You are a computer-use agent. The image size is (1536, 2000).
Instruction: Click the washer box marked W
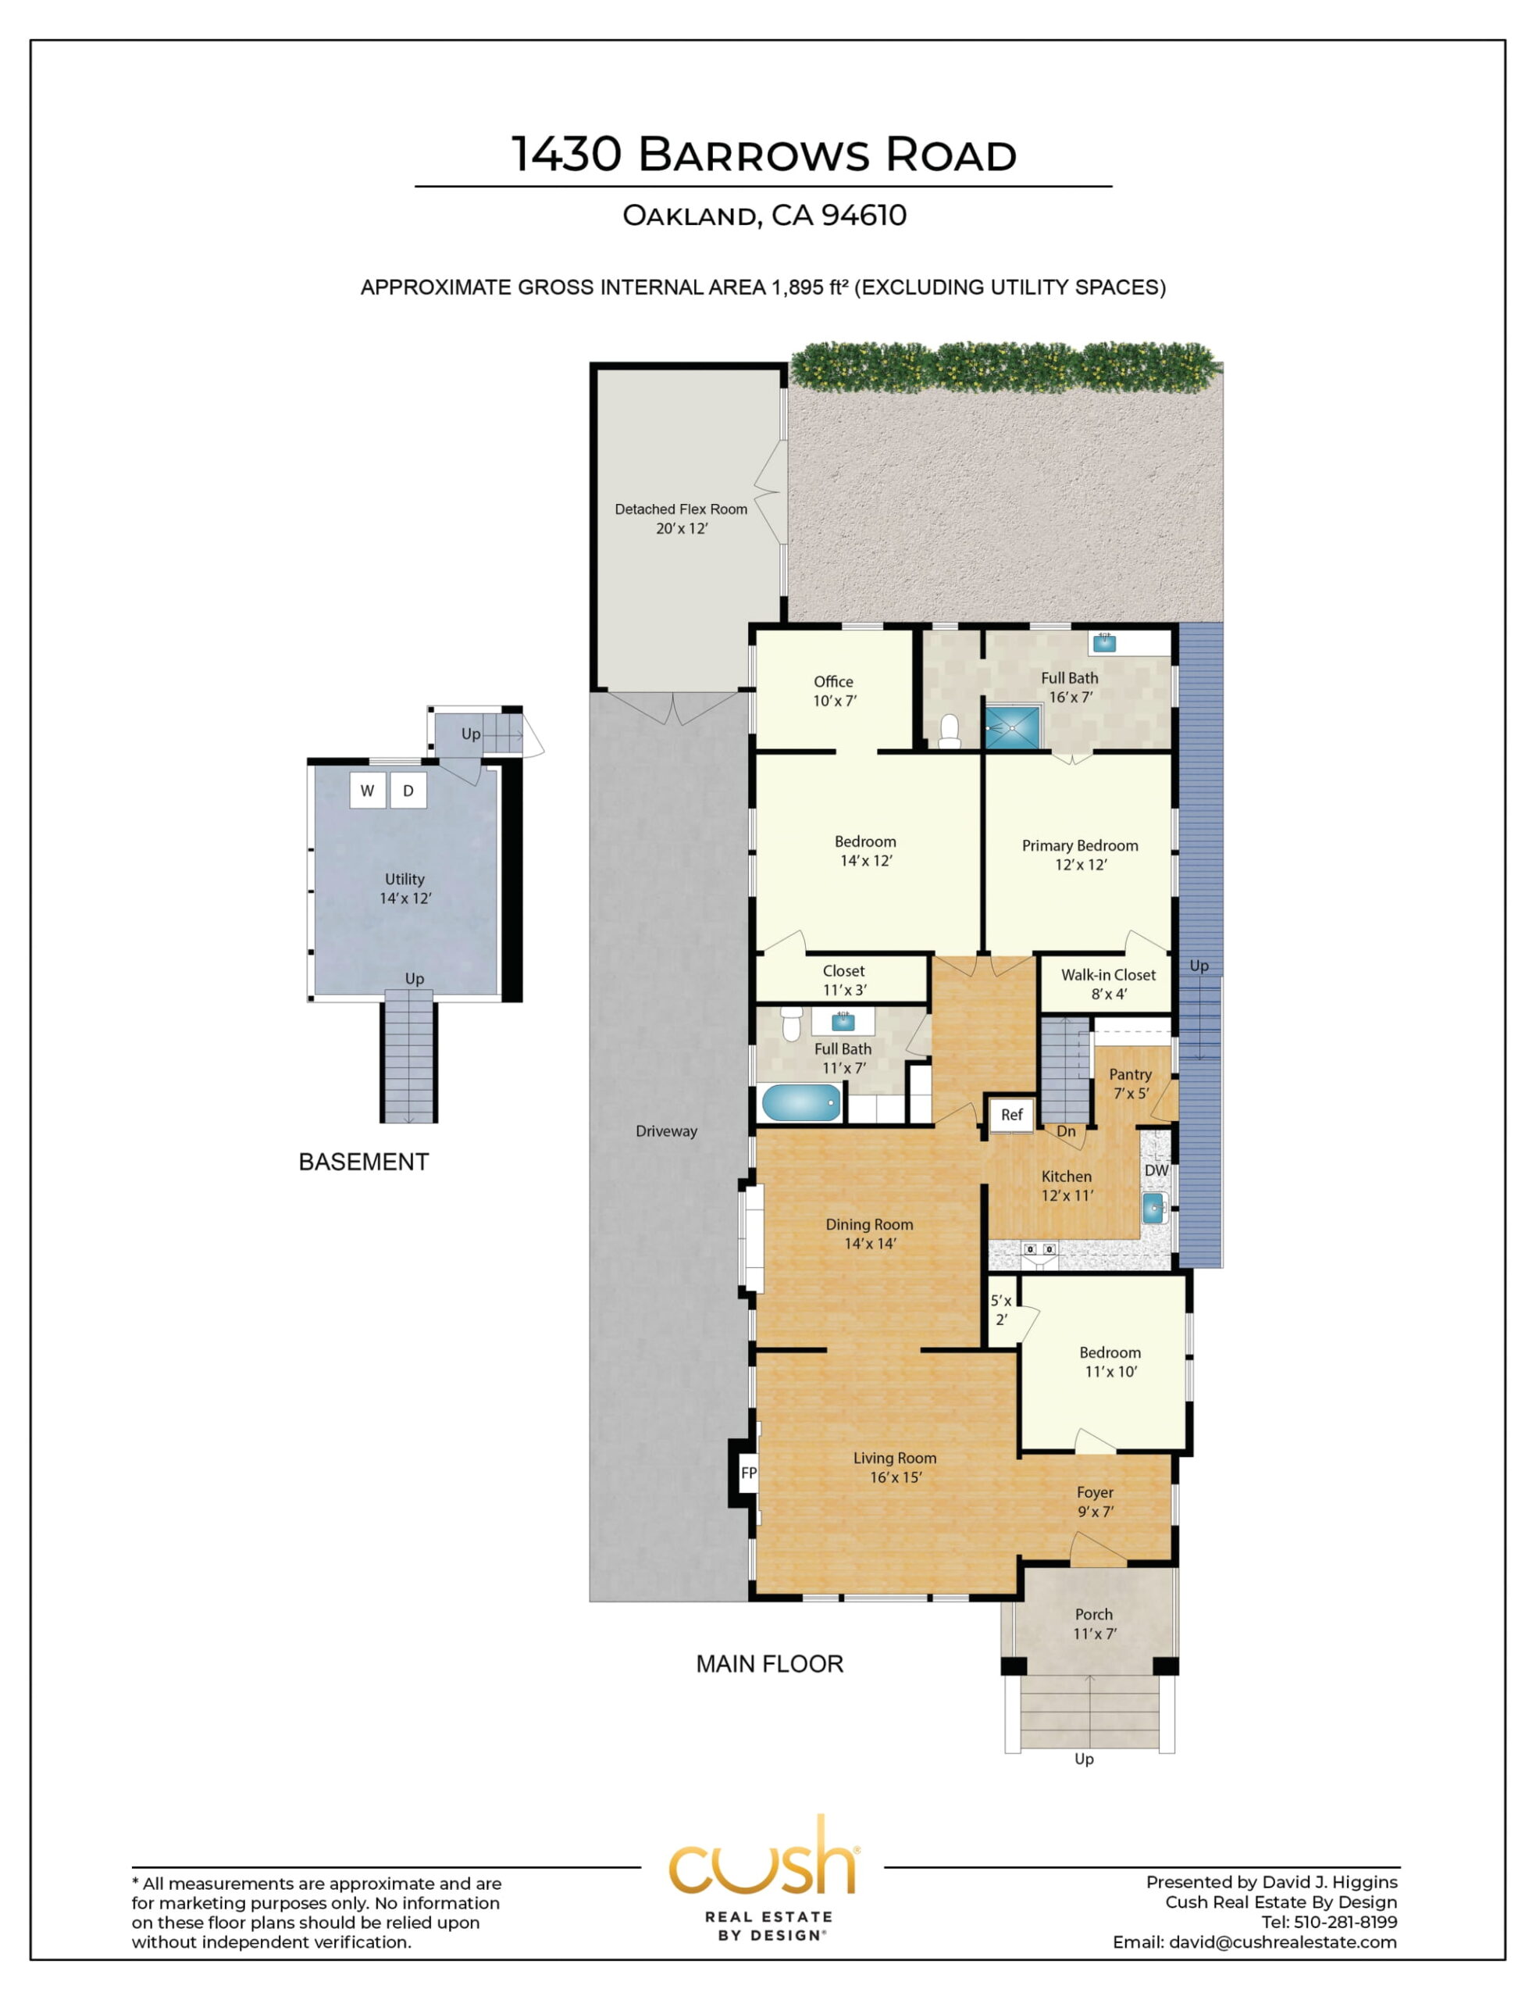(368, 790)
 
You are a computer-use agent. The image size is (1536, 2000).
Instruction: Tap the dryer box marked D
(408, 790)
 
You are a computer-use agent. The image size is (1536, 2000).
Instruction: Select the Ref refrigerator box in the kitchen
(1011, 1114)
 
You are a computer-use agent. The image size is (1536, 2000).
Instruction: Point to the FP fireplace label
(749, 1473)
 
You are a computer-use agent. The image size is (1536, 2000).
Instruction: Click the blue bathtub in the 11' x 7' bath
(802, 1103)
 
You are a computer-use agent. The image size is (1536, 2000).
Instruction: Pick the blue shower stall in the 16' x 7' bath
(1012, 727)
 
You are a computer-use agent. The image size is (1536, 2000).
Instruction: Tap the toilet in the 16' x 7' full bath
(950, 731)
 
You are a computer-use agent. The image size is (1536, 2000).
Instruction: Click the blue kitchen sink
(1154, 1209)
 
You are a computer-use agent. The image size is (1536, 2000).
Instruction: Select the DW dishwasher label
(1156, 1170)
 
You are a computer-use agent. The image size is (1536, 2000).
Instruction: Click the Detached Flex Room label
(681, 509)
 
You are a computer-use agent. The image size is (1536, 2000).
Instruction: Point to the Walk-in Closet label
(1108, 975)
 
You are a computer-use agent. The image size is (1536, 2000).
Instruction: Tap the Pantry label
(1130, 1074)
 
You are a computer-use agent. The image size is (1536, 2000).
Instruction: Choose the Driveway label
(667, 1131)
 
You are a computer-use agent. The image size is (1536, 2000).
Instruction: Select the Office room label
(833, 681)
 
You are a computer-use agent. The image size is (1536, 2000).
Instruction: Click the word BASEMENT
(364, 1162)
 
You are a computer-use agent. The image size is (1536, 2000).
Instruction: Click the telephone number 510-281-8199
(1345, 1921)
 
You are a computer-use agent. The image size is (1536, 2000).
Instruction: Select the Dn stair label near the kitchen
(1066, 1131)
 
